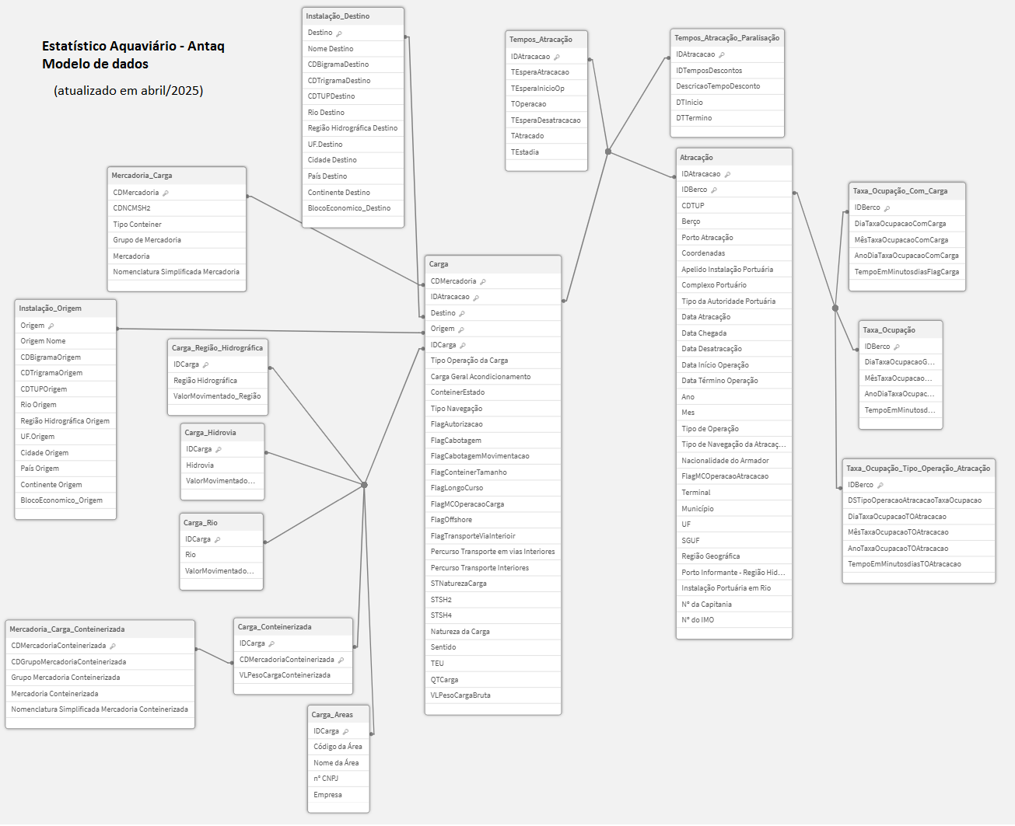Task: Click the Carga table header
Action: point(439,264)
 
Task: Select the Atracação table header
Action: point(697,158)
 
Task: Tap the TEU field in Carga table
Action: point(438,664)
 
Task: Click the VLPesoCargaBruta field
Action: point(460,695)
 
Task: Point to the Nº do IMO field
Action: point(698,620)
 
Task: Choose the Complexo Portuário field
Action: point(714,285)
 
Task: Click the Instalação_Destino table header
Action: point(338,16)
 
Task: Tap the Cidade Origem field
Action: point(44,453)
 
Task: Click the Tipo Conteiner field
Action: point(137,225)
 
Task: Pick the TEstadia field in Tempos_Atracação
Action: point(525,152)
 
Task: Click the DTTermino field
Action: point(694,118)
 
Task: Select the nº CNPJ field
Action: point(326,779)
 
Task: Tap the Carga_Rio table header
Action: point(201,523)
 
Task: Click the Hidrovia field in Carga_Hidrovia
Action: point(200,465)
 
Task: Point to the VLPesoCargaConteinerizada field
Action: point(285,675)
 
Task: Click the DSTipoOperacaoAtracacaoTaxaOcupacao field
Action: point(915,500)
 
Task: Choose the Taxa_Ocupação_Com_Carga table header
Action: point(900,191)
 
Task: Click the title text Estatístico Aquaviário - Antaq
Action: point(133,47)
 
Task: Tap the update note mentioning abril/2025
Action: point(128,91)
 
